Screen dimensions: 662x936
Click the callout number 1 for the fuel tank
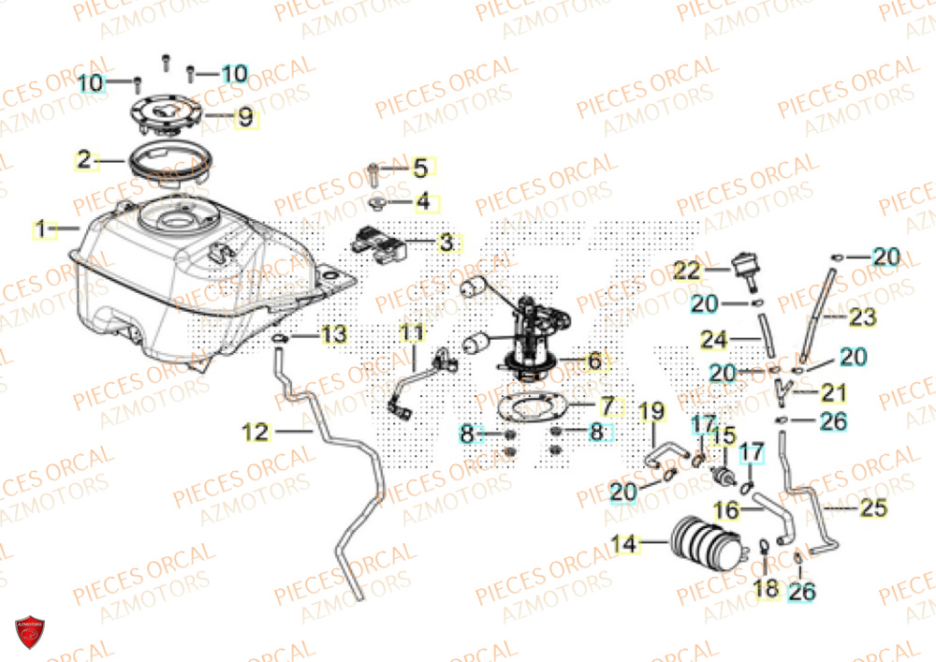40,228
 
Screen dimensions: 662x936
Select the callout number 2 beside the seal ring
84,160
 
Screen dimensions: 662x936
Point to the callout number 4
423,201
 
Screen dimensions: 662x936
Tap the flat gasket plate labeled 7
529,410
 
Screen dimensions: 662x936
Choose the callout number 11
412,332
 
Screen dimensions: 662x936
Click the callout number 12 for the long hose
256,432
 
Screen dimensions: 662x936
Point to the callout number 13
334,335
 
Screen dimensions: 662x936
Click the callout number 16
725,510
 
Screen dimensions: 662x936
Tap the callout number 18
766,589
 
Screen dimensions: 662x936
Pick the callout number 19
651,410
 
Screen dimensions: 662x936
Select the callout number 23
863,318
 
